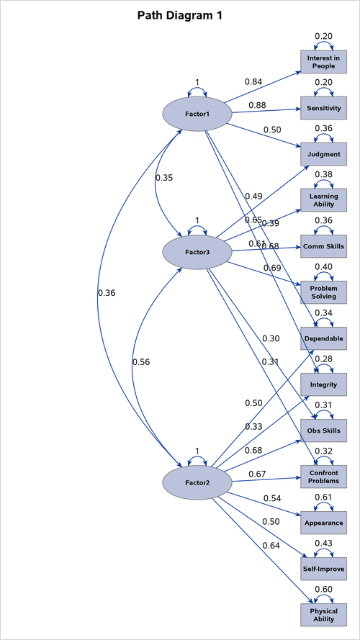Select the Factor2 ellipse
[x=197, y=482]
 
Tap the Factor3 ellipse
[x=197, y=252]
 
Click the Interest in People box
[x=323, y=62]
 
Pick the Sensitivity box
[x=323, y=108]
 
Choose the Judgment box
[x=323, y=154]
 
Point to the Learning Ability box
[x=323, y=200]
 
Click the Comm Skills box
[x=323, y=246]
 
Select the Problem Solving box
[x=323, y=292]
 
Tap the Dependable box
[x=323, y=338]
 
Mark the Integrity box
[x=323, y=384]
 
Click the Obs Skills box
[x=323, y=431]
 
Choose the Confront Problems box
[x=323, y=477]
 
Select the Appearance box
[x=323, y=523]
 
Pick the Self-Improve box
[x=323, y=569]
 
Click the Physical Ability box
[x=323, y=615]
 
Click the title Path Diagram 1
[x=180, y=14]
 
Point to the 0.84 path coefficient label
[x=253, y=81]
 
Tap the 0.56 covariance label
[x=141, y=362]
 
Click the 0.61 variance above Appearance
[x=323, y=496]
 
